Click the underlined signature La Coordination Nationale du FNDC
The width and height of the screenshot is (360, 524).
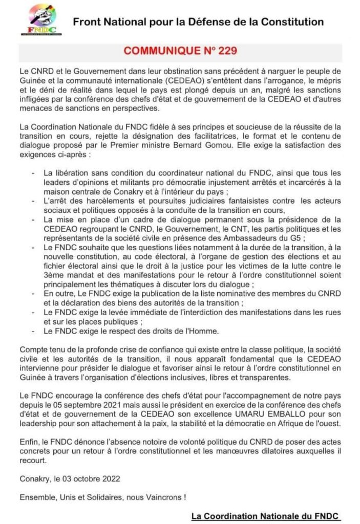coord(266,516)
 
